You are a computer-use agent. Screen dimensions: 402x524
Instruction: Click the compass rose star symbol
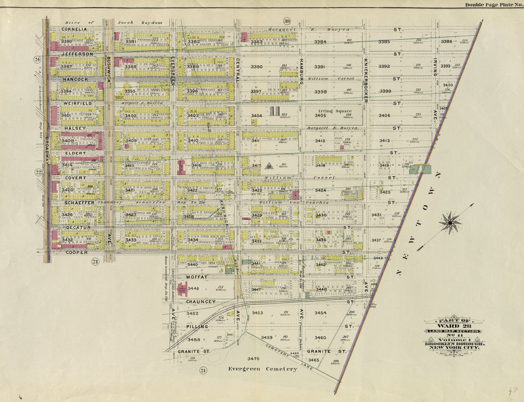click(x=450, y=223)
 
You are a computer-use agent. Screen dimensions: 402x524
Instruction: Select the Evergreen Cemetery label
click(x=262, y=369)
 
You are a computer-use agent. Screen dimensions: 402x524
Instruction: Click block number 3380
click(x=67, y=41)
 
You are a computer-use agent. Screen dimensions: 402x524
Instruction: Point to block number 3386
click(x=447, y=41)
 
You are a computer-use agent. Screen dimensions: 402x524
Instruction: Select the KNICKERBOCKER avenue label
click(x=366, y=80)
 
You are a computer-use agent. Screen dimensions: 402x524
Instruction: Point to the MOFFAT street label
click(x=197, y=277)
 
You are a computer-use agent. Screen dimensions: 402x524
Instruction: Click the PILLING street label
click(x=197, y=326)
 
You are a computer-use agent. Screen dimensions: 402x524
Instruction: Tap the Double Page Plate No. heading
click(x=492, y=5)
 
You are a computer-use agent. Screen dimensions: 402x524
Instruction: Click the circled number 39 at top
click(x=287, y=21)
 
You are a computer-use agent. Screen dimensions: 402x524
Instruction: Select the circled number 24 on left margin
click(x=37, y=59)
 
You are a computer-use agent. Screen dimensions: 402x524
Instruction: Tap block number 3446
click(x=193, y=288)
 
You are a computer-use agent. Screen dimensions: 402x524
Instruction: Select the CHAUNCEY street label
click(x=200, y=302)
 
